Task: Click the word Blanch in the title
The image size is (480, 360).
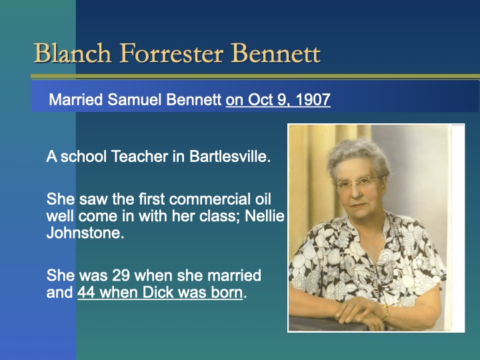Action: click(64, 53)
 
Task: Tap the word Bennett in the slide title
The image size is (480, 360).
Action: click(277, 53)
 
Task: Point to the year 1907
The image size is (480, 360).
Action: click(313, 101)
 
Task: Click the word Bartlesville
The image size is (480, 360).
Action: click(230, 158)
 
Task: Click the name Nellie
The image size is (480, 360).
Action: click(266, 217)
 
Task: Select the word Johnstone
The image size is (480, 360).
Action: click(85, 235)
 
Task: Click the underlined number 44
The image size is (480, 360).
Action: click(86, 293)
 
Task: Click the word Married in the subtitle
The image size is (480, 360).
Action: click(76, 101)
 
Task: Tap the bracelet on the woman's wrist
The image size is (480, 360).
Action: click(385, 312)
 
